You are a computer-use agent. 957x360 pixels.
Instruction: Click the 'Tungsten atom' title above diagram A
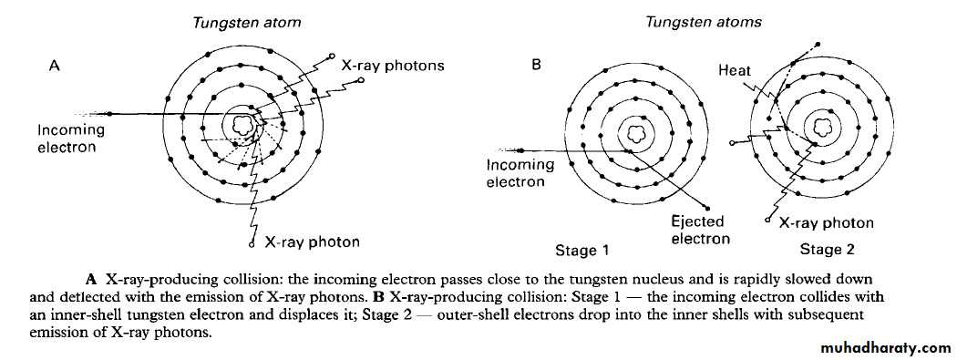pyautogui.click(x=247, y=23)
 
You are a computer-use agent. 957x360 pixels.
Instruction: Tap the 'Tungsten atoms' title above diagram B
pyautogui.click(x=704, y=23)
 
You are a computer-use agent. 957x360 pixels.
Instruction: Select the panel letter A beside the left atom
pyautogui.click(x=55, y=66)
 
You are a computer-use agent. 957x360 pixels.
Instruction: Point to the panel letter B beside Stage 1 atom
pyautogui.click(x=537, y=65)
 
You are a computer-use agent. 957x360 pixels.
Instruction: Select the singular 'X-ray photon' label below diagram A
pyautogui.click(x=312, y=242)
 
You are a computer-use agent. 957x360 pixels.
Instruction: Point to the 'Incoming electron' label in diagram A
pyautogui.click(x=71, y=139)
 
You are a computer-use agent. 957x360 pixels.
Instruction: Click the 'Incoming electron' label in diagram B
pyautogui.click(x=520, y=172)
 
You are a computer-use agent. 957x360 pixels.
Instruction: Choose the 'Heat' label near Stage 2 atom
pyautogui.click(x=735, y=71)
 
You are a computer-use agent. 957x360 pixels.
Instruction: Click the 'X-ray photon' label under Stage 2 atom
pyautogui.click(x=827, y=222)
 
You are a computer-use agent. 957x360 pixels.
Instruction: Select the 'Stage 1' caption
pyautogui.click(x=581, y=250)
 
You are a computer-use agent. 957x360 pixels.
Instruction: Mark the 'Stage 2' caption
pyautogui.click(x=827, y=249)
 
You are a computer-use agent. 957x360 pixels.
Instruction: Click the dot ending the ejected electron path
pyautogui.click(x=706, y=206)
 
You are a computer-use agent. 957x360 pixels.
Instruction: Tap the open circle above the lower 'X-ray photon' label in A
pyautogui.click(x=252, y=244)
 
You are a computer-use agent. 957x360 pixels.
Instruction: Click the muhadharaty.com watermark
pyautogui.click(x=886, y=348)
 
